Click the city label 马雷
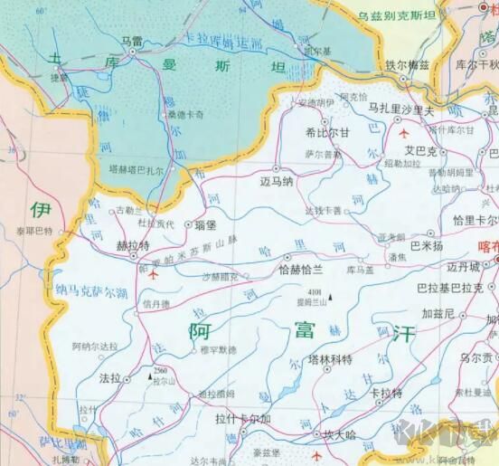point(131,41)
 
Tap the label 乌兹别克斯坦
point(397,15)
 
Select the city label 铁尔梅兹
point(408,65)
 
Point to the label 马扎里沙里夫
point(400,108)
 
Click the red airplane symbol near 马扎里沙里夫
point(404,133)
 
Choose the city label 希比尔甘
point(327,131)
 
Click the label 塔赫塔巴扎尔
point(136,169)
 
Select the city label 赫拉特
point(134,244)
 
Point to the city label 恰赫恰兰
point(299,269)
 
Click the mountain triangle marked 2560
point(149,374)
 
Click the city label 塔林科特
point(329,359)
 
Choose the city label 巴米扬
point(427,245)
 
